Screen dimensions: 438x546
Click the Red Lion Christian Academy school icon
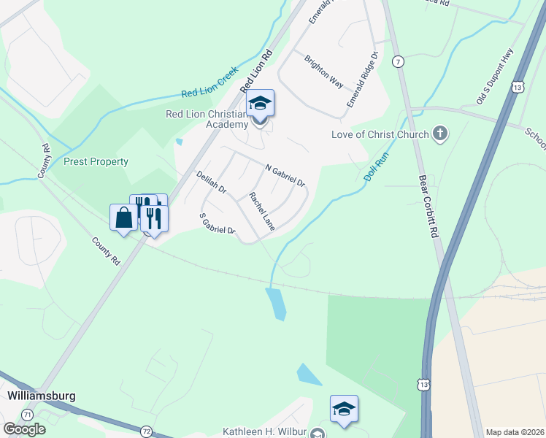(x=260, y=104)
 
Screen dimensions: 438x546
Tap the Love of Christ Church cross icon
(x=439, y=134)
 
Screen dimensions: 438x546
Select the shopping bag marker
(x=123, y=217)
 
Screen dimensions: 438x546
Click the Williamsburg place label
(x=42, y=396)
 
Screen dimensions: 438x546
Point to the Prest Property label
(x=96, y=161)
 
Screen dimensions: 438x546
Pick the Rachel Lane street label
(x=261, y=212)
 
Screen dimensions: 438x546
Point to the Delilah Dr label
(x=212, y=182)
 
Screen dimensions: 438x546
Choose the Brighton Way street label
(x=323, y=72)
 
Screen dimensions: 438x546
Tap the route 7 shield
(x=398, y=61)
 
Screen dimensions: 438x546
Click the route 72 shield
(x=147, y=432)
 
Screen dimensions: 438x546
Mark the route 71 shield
(x=28, y=414)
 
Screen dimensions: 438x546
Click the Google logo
(x=24, y=429)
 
